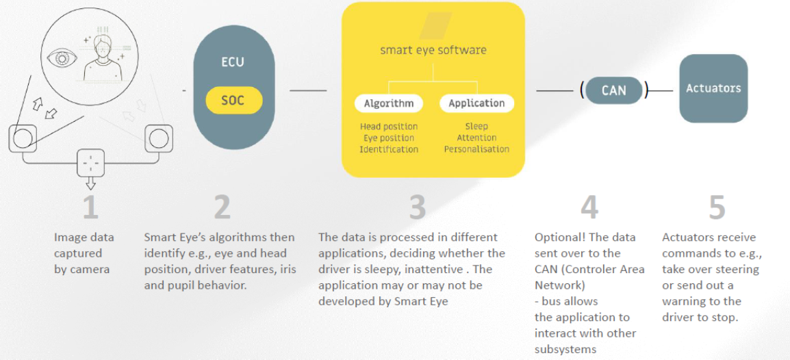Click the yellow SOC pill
(x=234, y=100)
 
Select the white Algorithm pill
(x=389, y=103)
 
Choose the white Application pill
(x=476, y=103)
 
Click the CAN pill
(x=614, y=90)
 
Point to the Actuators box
(x=713, y=88)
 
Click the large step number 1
(x=90, y=207)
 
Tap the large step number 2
(x=222, y=207)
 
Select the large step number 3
(x=417, y=207)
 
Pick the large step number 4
(x=589, y=207)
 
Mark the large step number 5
(x=717, y=207)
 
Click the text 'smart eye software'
(x=433, y=50)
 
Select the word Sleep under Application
(x=476, y=127)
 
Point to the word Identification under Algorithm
(x=389, y=149)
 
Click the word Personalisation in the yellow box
(x=476, y=149)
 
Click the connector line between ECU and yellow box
(x=308, y=91)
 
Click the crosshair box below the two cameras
(x=90, y=163)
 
